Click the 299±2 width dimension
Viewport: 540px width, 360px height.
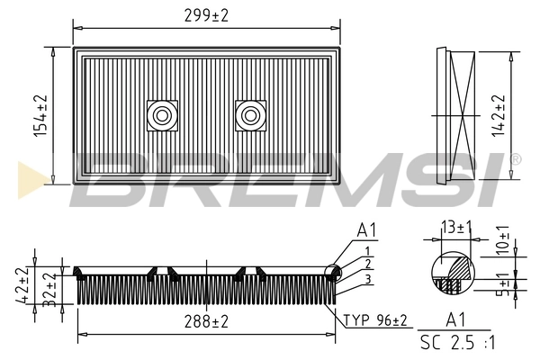[207, 13]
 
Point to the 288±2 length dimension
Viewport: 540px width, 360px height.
[206, 321]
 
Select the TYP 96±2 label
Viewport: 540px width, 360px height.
[375, 320]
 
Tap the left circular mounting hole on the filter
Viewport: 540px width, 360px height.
[162, 114]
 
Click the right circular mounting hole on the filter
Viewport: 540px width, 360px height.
[249, 114]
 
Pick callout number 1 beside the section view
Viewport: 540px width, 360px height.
[367, 249]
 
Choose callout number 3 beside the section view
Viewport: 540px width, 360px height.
[367, 280]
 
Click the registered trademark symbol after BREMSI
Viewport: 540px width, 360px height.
[515, 159]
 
